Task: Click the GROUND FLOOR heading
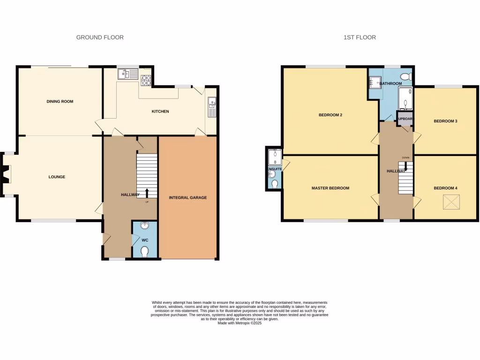pyautogui.click(x=100, y=37)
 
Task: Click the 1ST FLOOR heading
pyautogui.click(x=360, y=37)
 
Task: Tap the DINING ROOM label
pyautogui.click(x=60, y=101)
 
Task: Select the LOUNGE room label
pyautogui.click(x=57, y=177)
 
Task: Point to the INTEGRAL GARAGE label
pyautogui.click(x=188, y=197)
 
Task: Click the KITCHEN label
pyautogui.click(x=160, y=112)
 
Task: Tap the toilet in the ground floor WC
pyautogui.click(x=144, y=253)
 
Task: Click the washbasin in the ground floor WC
pyautogui.click(x=144, y=226)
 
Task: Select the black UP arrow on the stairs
pyautogui.click(x=147, y=193)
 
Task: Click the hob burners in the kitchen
pyautogui.click(x=145, y=80)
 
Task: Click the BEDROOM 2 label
pyautogui.click(x=330, y=115)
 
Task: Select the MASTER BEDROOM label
pyautogui.click(x=330, y=188)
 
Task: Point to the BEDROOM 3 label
pyautogui.click(x=445, y=121)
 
